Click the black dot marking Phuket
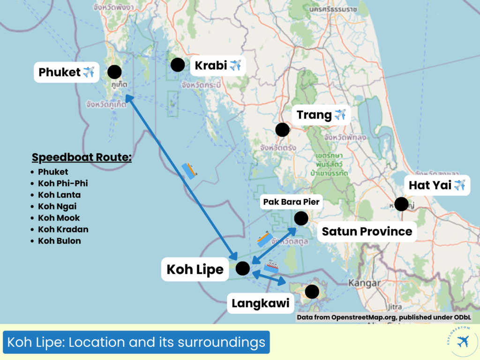pyautogui.click(x=114, y=72)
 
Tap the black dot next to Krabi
pyautogui.click(x=177, y=65)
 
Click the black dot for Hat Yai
pyautogui.click(x=401, y=204)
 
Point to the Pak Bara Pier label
pyautogui.click(x=290, y=202)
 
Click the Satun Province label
pyautogui.click(x=367, y=231)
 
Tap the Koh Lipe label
pyautogui.click(x=195, y=270)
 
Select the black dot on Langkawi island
pyautogui.click(x=312, y=292)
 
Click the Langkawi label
pyautogui.click(x=260, y=304)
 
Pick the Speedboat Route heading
pyautogui.click(x=82, y=157)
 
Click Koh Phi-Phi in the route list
pyautogui.click(x=63, y=183)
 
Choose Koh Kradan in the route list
pyautogui.click(x=63, y=229)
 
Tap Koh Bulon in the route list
pyautogui.click(x=60, y=241)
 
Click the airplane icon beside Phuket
pyautogui.click(x=89, y=72)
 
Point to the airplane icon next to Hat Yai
pyautogui.click(x=459, y=185)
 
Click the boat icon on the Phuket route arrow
pyautogui.click(x=189, y=171)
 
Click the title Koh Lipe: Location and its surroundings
pyautogui.click(x=136, y=343)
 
